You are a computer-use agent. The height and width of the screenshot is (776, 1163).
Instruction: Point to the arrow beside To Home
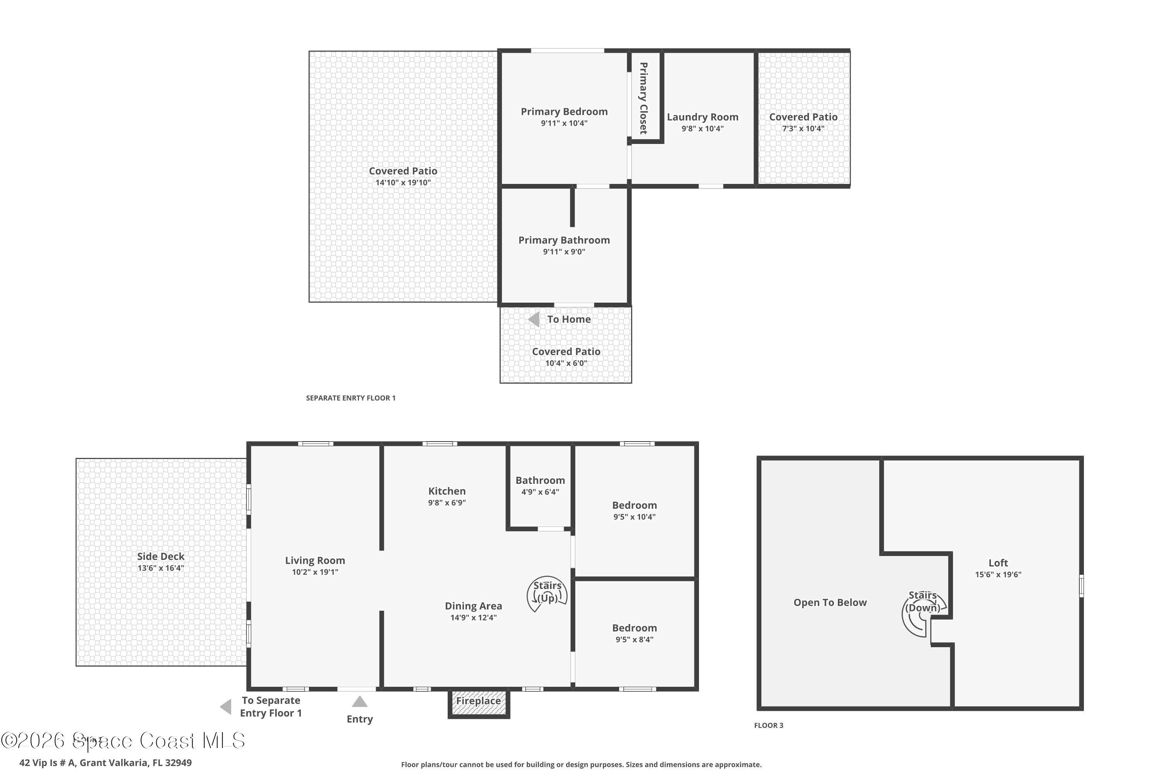pyautogui.click(x=534, y=319)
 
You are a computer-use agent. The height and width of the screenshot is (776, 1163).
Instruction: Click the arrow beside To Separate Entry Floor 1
pyautogui.click(x=226, y=707)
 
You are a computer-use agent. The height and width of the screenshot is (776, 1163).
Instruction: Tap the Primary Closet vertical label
pyautogui.click(x=643, y=98)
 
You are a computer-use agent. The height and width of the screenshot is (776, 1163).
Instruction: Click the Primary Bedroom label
pyautogui.click(x=564, y=111)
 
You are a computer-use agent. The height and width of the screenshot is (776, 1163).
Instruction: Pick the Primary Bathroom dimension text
pyautogui.click(x=564, y=251)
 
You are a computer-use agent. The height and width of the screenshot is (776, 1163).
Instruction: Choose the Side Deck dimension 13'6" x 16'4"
pyautogui.click(x=161, y=568)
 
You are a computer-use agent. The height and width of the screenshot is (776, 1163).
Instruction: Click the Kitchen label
pyautogui.click(x=447, y=491)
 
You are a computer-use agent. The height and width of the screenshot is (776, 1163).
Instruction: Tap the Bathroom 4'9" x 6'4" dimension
pyautogui.click(x=540, y=492)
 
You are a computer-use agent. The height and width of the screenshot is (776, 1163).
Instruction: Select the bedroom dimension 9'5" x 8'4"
pyautogui.click(x=634, y=639)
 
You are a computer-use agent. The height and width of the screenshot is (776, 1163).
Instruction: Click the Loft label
pyautogui.click(x=998, y=563)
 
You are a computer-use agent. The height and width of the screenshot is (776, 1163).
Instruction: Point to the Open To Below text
pyautogui.click(x=830, y=602)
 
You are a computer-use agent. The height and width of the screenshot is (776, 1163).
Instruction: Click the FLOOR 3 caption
pyautogui.click(x=768, y=726)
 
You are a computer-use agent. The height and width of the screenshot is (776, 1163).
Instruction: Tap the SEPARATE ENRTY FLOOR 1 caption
pyautogui.click(x=350, y=398)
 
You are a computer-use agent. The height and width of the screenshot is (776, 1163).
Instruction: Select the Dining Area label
pyautogui.click(x=473, y=606)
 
